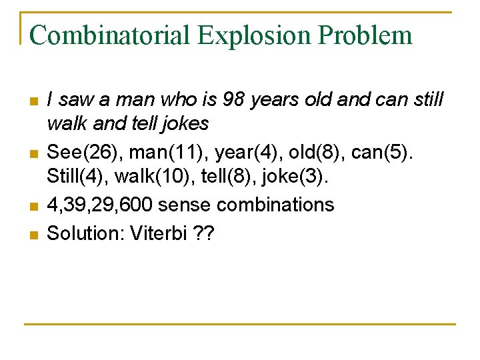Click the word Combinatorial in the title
tap(109, 35)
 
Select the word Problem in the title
tap(370, 35)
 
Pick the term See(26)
tap(85, 153)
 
